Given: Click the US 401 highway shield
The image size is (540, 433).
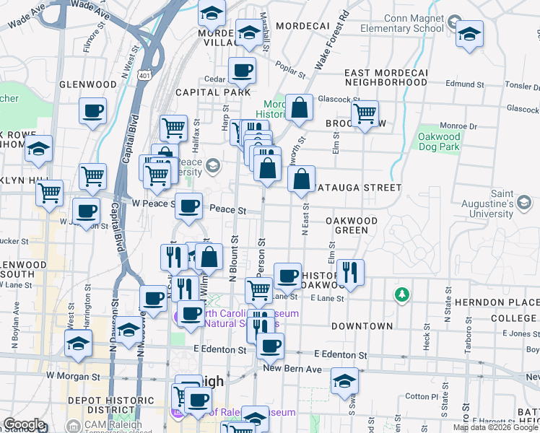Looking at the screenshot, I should [x=145, y=74].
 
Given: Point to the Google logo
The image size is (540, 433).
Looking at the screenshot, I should [x=24, y=424].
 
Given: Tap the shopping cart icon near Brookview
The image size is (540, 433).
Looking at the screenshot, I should [x=365, y=113].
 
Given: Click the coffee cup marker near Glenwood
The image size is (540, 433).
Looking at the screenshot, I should [x=93, y=111].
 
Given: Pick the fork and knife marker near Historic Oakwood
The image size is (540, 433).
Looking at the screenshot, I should [x=350, y=272].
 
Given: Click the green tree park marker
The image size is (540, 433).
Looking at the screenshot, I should [x=401, y=294].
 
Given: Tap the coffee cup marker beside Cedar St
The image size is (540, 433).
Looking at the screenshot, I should [x=242, y=71].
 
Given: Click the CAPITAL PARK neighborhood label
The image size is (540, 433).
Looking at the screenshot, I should [x=214, y=92].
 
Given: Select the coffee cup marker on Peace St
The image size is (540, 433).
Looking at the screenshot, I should [x=189, y=206].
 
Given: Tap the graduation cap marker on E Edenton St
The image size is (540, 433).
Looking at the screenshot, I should [x=345, y=380].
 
